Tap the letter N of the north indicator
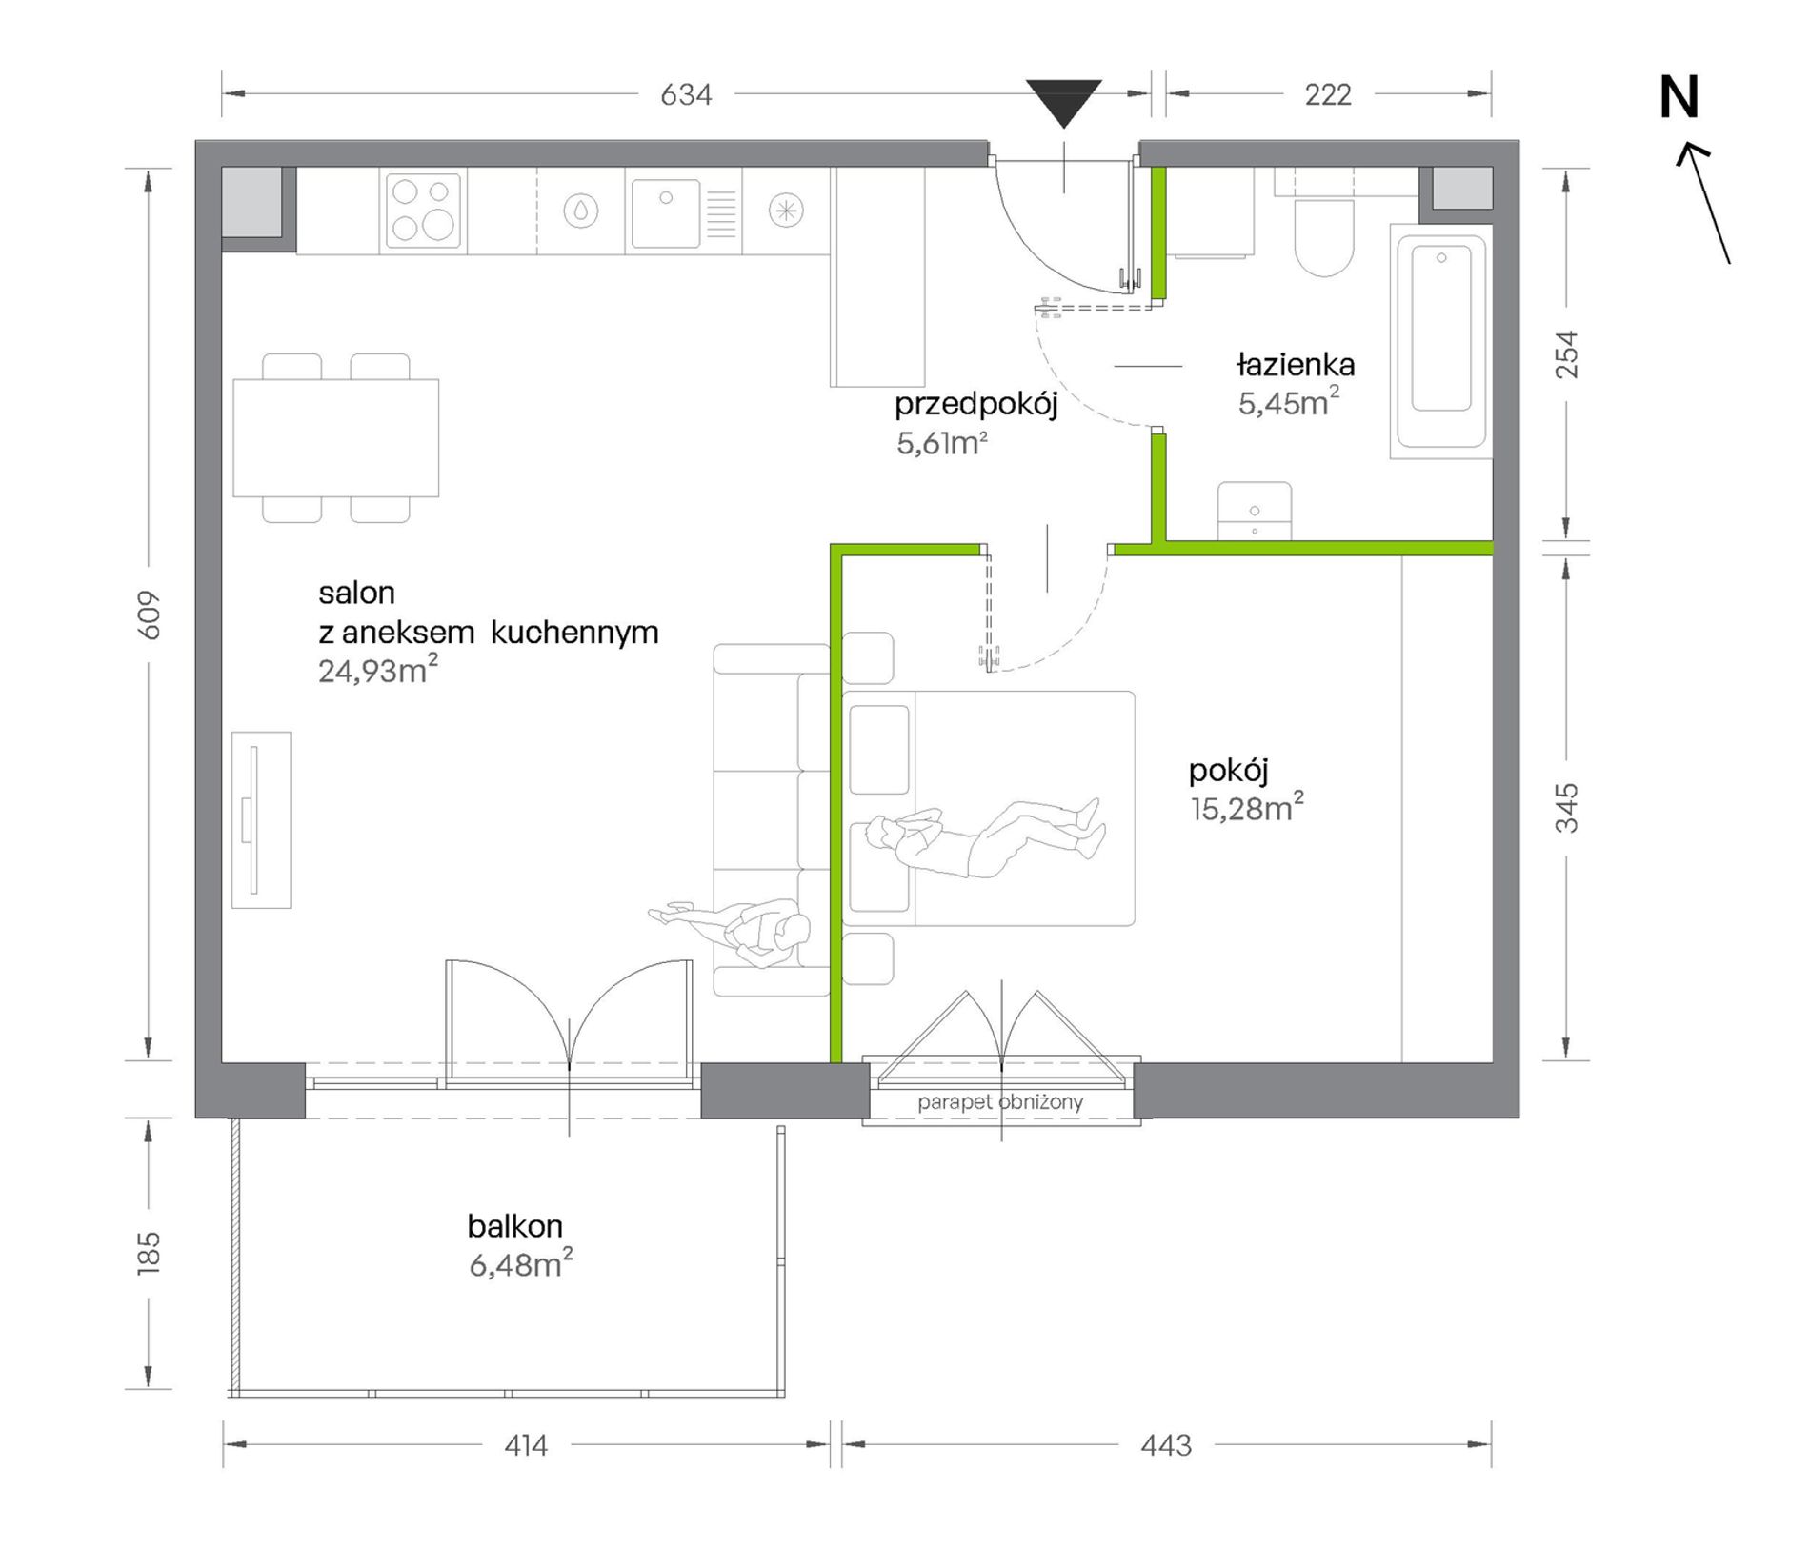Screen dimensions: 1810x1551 [x=1679, y=98]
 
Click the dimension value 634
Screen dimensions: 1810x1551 [x=686, y=94]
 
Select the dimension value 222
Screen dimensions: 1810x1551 [x=1328, y=94]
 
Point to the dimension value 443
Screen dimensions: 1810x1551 [x=1166, y=1445]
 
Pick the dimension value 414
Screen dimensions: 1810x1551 [x=526, y=1445]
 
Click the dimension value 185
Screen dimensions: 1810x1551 [x=149, y=1253]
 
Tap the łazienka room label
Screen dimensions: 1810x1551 [x=1296, y=364]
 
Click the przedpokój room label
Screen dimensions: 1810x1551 [x=976, y=405]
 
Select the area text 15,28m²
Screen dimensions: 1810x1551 [x=1246, y=808]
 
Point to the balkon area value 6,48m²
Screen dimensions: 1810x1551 [x=521, y=1263]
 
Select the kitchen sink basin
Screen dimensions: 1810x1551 [x=665, y=213]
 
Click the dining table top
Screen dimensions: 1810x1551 [x=336, y=437]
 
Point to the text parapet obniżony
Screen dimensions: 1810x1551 [x=1000, y=1102]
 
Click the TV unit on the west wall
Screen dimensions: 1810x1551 [x=261, y=819]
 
